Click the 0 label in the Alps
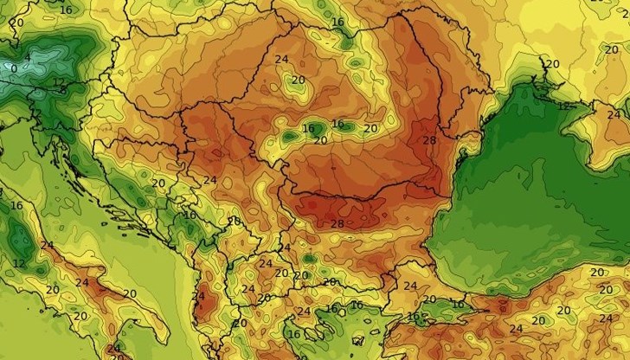(12, 67)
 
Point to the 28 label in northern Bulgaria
(337, 224)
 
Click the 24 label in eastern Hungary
(281, 60)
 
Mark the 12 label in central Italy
(19, 262)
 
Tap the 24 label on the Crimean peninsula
(613, 114)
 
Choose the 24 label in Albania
(198, 297)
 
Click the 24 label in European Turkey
(410, 286)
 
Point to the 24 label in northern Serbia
(209, 180)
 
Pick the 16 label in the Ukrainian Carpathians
(337, 22)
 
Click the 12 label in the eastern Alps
(59, 84)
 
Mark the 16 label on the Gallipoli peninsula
(413, 318)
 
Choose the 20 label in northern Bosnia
(158, 183)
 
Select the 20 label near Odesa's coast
(551, 63)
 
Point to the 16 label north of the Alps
(67, 10)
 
